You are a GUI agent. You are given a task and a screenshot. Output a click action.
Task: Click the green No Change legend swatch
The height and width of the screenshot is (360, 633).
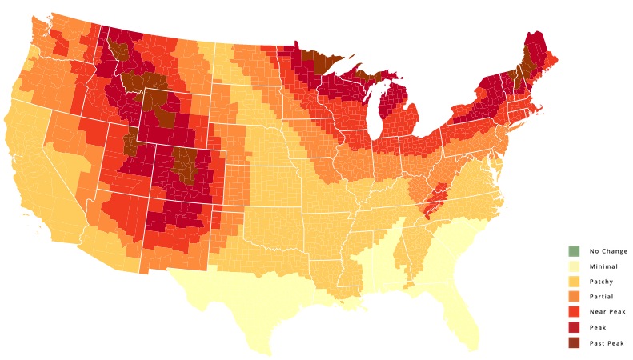(573, 250)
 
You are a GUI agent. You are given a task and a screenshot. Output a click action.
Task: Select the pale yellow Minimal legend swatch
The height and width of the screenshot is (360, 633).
(573, 266)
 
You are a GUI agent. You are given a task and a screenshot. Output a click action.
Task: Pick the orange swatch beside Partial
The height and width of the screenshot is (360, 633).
(573, 296)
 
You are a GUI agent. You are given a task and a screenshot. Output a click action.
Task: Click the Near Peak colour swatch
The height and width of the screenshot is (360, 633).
(573, 311)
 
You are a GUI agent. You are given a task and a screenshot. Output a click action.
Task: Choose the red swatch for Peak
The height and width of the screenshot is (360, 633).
(573, 327)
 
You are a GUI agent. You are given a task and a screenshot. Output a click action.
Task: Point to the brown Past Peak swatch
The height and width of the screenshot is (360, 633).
(573, 342)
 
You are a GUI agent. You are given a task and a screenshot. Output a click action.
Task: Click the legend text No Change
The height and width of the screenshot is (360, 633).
(608, 250)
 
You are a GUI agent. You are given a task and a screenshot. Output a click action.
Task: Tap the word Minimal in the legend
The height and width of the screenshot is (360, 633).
(603, 266)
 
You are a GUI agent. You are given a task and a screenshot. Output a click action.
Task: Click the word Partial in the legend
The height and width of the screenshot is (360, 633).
(602, 296)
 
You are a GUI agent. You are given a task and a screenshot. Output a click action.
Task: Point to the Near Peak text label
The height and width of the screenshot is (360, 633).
(607, 311)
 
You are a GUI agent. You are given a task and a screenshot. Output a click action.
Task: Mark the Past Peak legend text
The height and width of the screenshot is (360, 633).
(607, 342)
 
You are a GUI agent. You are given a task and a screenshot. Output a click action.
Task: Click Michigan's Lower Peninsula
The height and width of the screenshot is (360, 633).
(400, 112)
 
